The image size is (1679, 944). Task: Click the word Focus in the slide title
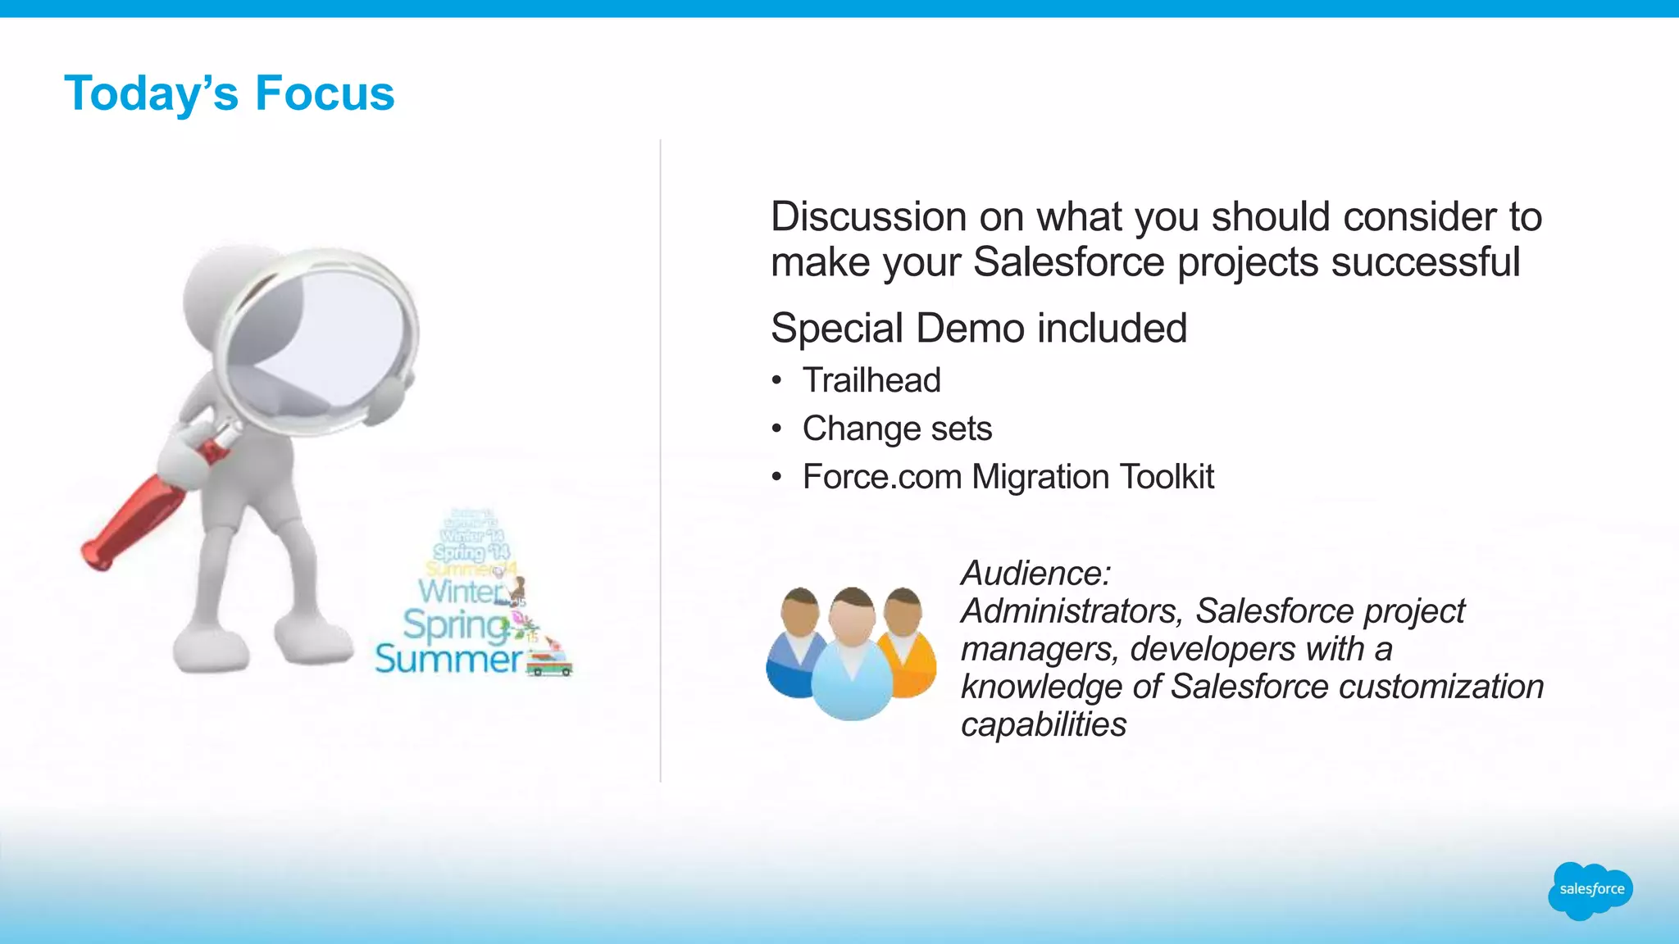(x=325, y=93)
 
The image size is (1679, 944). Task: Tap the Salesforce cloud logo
(x=1590, y=890)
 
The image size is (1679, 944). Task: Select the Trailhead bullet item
(x=871, y=380)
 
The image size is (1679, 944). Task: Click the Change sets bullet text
(x=897, y=429)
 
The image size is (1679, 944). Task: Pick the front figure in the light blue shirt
(x=853, y=664)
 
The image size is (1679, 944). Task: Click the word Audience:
(x=1035, y=573)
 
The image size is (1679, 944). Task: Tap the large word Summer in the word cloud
(x=448, y=659)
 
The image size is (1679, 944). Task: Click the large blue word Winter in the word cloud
(x=461, y=591)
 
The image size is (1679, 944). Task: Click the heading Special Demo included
(x=978, y=329)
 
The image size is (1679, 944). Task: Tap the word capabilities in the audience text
(x=1043, y=724)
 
